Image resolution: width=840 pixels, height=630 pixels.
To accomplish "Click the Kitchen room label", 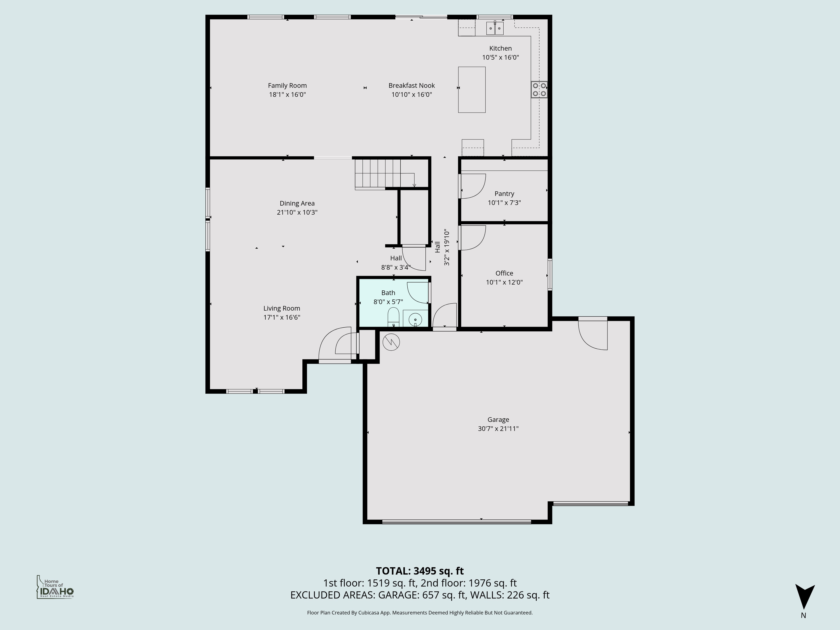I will coord(500,48).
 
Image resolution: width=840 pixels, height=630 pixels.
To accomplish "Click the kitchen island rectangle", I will coord(472,90).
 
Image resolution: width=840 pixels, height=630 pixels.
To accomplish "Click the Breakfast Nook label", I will coord(411,85).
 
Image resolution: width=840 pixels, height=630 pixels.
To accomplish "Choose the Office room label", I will coord(504,273).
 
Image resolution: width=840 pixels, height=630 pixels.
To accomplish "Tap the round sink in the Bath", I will coord(415,320).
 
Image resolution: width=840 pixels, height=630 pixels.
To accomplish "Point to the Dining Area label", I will coord(297,203).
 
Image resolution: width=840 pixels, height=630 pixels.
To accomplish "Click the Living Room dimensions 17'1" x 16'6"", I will coord(282,318).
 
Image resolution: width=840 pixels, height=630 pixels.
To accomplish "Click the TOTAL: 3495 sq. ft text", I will coord(420,571).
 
